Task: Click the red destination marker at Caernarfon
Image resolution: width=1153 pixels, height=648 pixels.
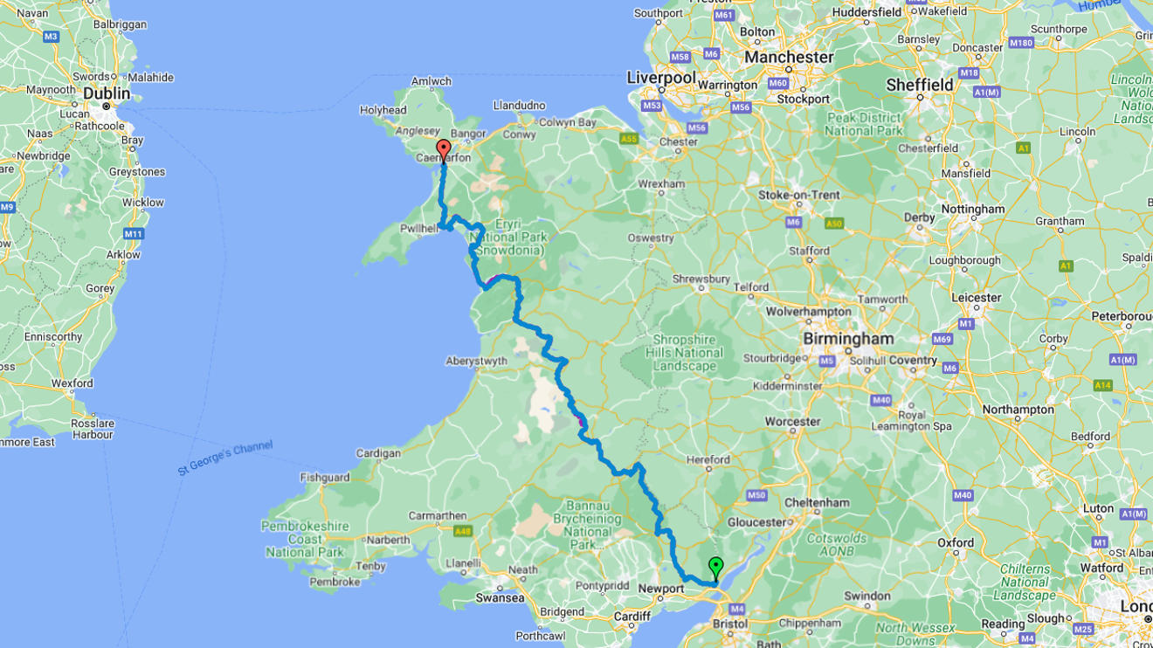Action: [443, 149]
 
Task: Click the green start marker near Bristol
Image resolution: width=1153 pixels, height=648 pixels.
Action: [715, 567]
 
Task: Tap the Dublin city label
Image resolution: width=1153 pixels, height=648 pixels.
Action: [107, 93]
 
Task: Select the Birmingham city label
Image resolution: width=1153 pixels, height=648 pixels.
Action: [848, 339]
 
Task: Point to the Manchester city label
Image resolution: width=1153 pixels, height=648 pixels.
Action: [789, 57]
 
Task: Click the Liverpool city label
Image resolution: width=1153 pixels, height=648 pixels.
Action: [661, 78]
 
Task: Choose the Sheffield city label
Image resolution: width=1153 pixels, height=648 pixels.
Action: [920, 85]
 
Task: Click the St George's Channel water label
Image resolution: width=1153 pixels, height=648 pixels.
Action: [225, 458]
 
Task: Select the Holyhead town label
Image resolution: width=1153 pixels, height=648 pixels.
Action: [383, 110]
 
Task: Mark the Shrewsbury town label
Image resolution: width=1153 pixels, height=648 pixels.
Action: [701, 279]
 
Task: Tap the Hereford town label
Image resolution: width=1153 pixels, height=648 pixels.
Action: [708, 459]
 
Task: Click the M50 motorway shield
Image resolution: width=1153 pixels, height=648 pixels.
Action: [756, 495]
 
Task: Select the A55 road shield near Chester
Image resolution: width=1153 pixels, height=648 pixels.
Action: [628, 139]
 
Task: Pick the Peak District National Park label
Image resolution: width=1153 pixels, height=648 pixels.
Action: [864, 123]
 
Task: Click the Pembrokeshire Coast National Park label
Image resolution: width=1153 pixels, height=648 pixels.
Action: [305, 539]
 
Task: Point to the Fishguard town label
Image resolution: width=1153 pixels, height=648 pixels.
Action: [325, 478]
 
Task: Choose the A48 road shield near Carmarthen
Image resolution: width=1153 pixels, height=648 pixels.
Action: [462, 531]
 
